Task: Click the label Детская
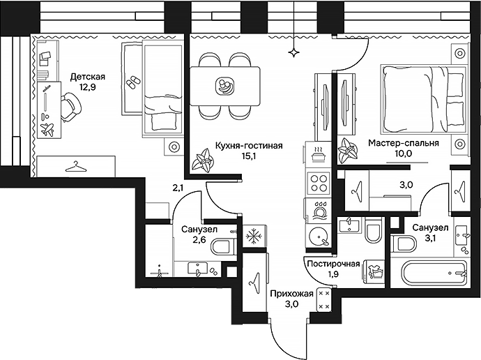point(88,76)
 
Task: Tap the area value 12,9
point(88,87)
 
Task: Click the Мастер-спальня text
point(404,144)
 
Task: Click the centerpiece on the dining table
point(225,85)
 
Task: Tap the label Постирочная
point(333,264)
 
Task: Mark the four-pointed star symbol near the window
point(296,52)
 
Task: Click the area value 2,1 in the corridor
point(178,186)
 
